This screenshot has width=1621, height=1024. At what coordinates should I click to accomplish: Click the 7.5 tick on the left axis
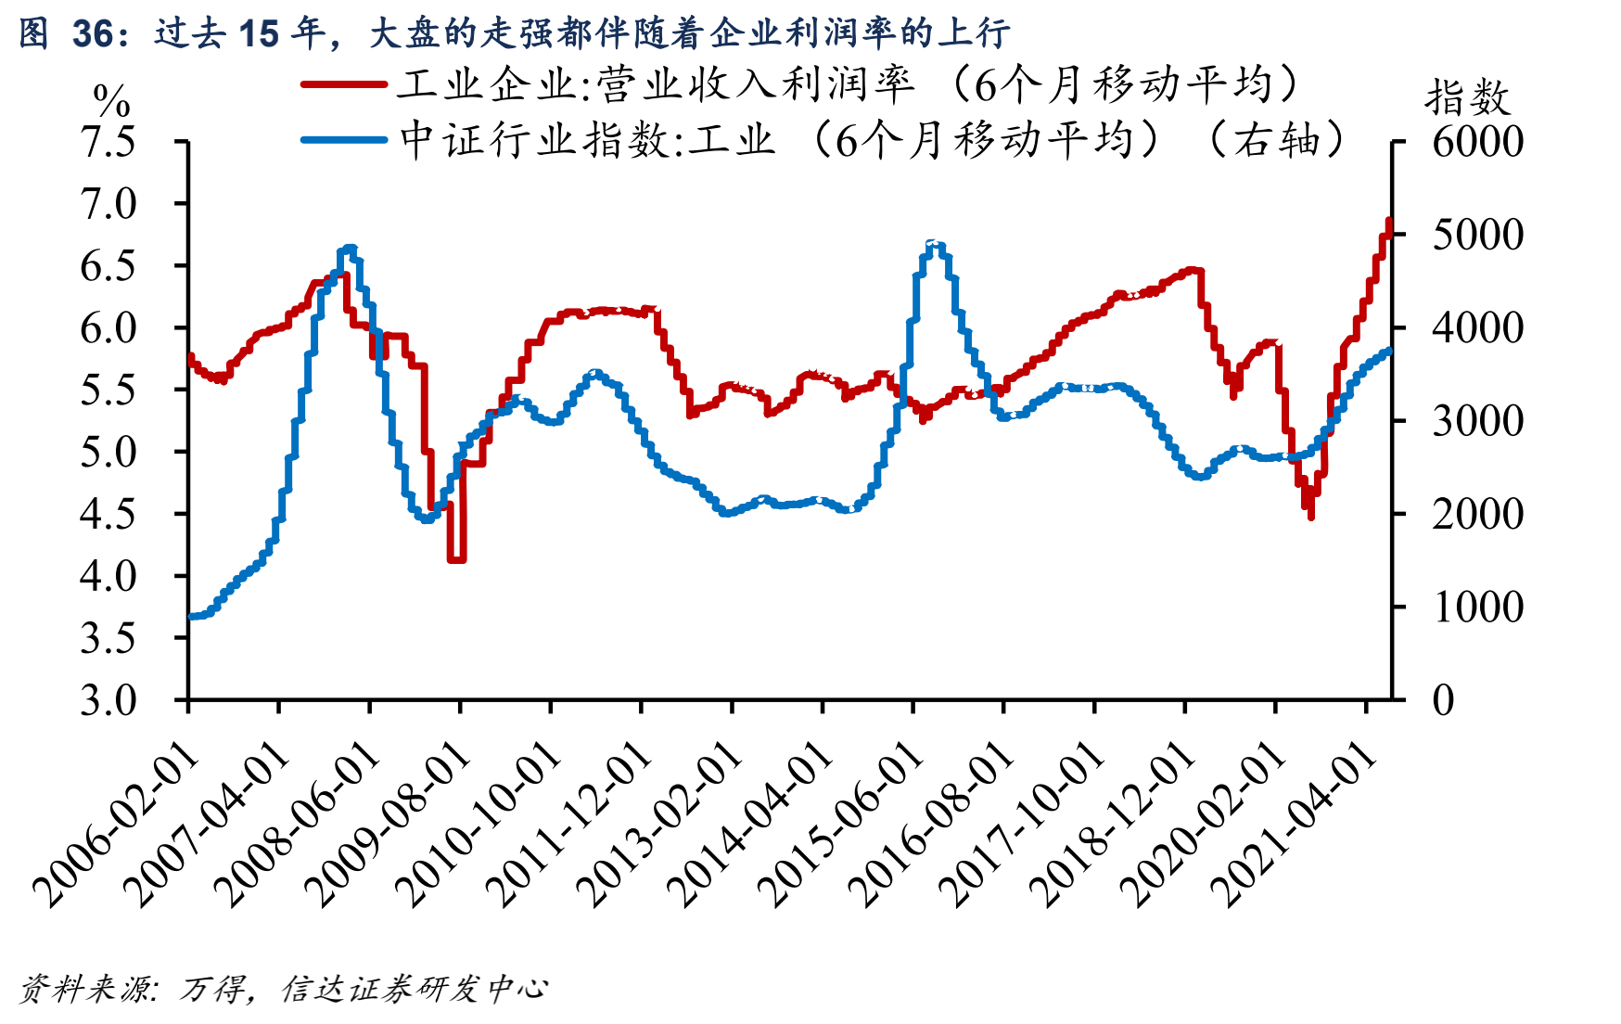(x=108, y=142)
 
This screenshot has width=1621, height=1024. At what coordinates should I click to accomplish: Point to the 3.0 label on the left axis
(x=108, y=700)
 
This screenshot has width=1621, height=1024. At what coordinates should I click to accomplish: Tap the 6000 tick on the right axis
(x=1477, y=142)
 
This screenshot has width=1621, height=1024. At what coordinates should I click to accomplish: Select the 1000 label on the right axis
(x=1477, y=608)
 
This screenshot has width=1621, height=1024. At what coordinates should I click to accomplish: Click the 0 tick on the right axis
(x=1443, y=700)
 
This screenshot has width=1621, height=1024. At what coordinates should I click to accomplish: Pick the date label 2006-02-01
(x=116, y=826)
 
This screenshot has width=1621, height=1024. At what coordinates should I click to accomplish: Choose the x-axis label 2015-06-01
(x=841, y=826)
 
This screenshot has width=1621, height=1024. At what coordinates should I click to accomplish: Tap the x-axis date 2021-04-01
(x=1295, y=826)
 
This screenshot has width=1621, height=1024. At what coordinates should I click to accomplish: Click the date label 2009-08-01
(x=388, y=826)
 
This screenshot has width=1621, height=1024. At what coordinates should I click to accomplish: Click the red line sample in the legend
(x=343, y=84)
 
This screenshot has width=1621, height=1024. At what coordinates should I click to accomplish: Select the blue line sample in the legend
(x=343, y=140)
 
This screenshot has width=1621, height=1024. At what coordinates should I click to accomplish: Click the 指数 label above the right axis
(x=1467, y=97)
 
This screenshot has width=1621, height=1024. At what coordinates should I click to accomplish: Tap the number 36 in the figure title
(x=92, y=34)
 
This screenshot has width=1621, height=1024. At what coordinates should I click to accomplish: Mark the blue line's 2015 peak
(x=935, y=244)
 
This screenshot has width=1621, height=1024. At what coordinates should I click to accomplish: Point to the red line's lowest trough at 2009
(x=455, y=559)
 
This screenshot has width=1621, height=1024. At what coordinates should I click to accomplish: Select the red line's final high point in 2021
(x=1388, y=221)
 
